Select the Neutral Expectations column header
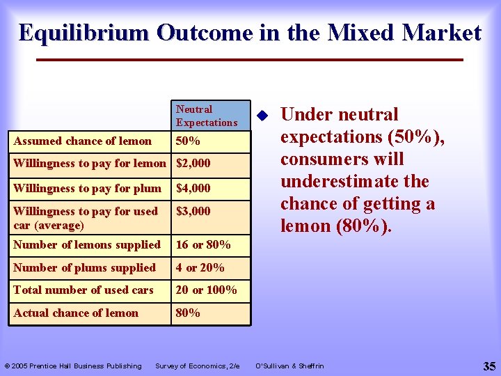(207, 116)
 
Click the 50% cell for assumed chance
(188, 141)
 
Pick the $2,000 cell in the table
(193, 164)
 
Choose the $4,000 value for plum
(193, 188)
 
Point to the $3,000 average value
(193, 211)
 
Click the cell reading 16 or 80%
(203, 244)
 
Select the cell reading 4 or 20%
(200, 267)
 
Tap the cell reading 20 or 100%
(206, 290)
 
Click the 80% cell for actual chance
(188, 313)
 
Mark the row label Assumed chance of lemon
(82, 141)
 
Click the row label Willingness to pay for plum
(87, 188)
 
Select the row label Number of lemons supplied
(87, 244)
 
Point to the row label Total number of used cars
(83, 290)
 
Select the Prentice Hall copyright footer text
(73, 366)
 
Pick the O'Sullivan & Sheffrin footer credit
(289, 366)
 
